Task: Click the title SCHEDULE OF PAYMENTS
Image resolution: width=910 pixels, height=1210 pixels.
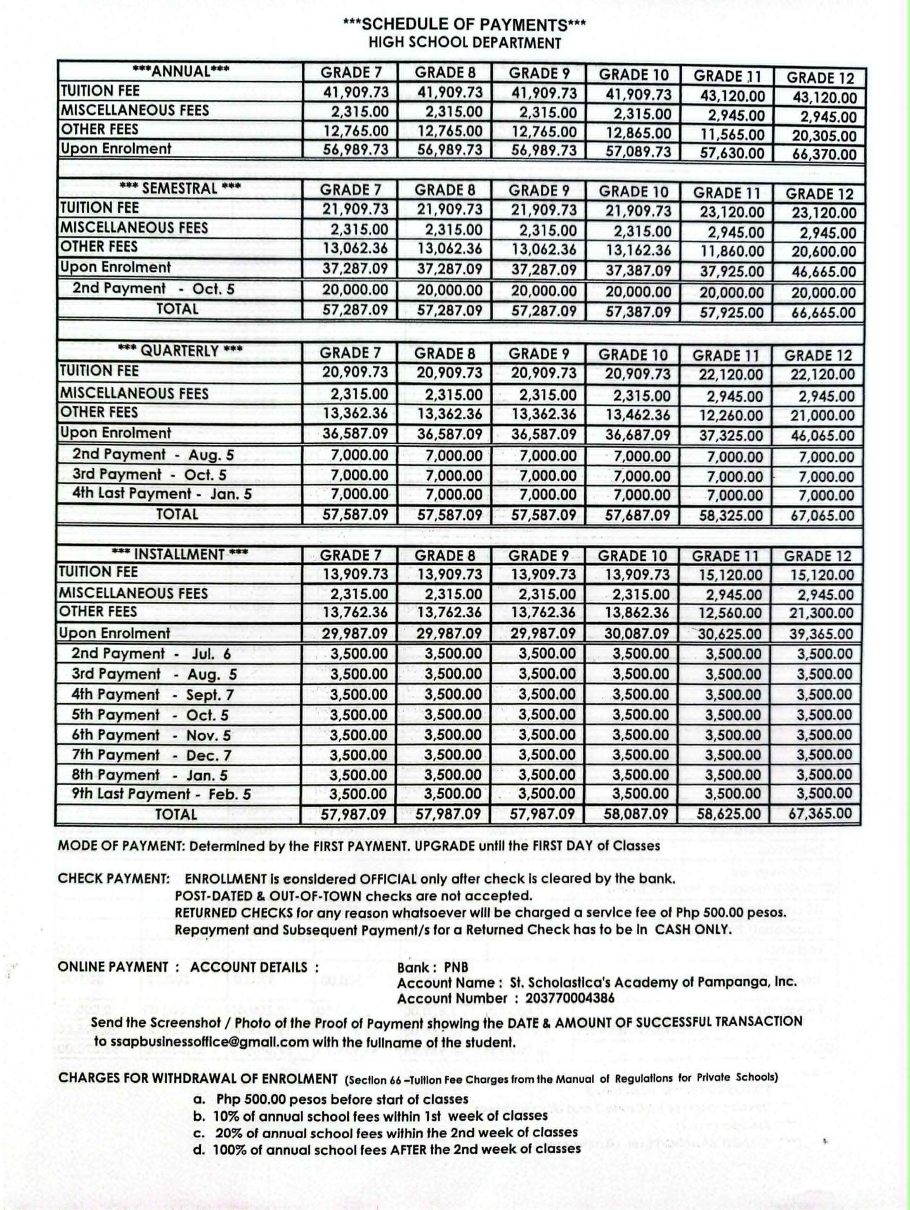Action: point(464,25)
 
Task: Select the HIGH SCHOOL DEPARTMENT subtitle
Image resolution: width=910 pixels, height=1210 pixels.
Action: point(464,43)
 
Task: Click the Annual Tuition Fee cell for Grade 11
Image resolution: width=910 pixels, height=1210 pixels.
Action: point(732,96)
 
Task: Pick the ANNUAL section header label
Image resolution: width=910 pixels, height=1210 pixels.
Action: point(180,71)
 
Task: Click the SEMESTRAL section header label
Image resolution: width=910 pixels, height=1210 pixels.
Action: point(180,189)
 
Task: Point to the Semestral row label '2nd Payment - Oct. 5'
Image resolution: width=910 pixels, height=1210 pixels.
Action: point(153,289)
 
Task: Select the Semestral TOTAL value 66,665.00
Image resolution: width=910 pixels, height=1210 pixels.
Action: point(823,313)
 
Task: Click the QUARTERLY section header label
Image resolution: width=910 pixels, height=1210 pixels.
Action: point(180,351)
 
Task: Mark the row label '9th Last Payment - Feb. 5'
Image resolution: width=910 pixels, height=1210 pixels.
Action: point(161,794)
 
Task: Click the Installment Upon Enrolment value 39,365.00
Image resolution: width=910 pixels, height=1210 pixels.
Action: point(821,634)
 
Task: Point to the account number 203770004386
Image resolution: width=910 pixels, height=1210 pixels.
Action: point(570,998)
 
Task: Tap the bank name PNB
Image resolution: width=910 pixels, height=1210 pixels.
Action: point(456,967)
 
